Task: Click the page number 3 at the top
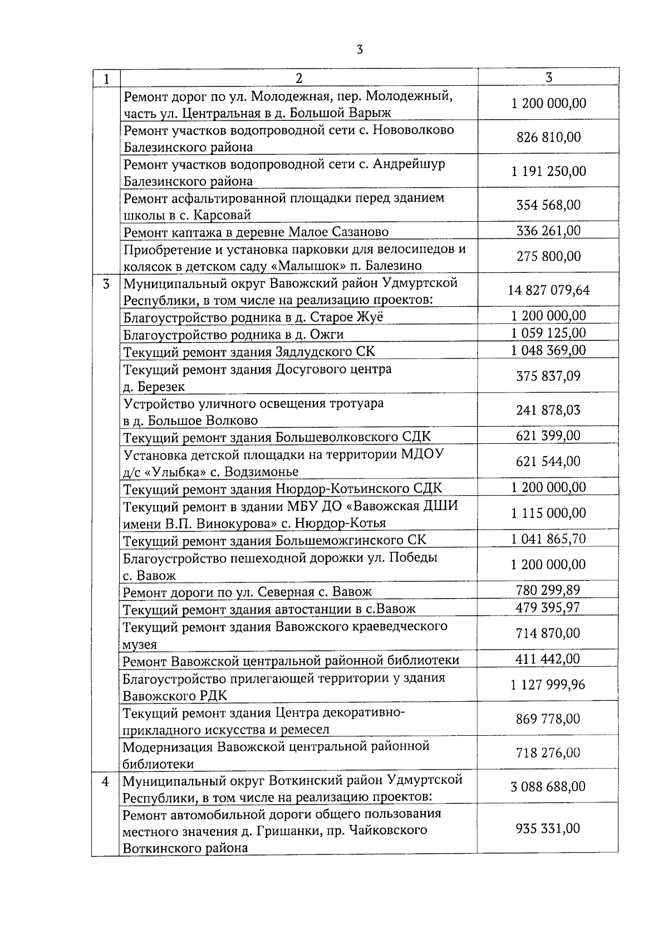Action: click(x=359, y=50)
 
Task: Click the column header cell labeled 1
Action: click(x=106, y=78)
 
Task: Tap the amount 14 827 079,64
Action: click(x=548, y=290)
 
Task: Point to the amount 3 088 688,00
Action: click(x=548, y=786)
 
